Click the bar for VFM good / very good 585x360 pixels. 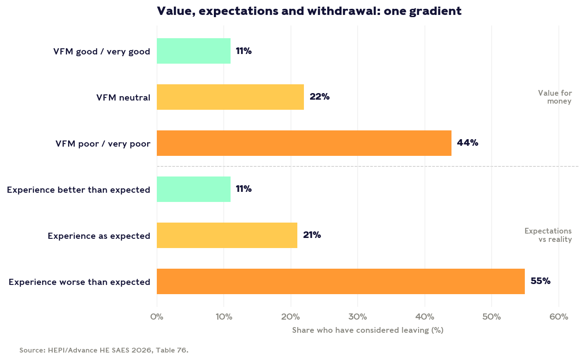coord(194,51)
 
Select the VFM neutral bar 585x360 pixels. coord(230,97)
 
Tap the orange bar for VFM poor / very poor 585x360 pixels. coord(304,143)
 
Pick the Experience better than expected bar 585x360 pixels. coord(194,189)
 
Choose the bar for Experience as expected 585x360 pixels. coord(227,235)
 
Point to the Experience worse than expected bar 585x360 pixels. coord(341,281)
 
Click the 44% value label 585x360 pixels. coord(467,143)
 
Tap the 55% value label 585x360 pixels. coord(540,281)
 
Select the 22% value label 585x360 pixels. coord(320,97)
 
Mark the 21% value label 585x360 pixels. coord(312,235)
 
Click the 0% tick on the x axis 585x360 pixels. coord(157,317)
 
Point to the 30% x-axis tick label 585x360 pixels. coord(358,317)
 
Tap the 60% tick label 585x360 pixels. coord(559,317)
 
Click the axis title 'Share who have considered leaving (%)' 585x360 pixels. coord(368,330)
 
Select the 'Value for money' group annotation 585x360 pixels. coord(555,97)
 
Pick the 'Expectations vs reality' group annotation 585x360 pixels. coord(548,235)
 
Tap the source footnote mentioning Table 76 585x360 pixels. coord(104,350)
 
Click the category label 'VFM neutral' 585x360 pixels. coord(123,97)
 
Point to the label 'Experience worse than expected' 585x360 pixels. coord(79,282)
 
